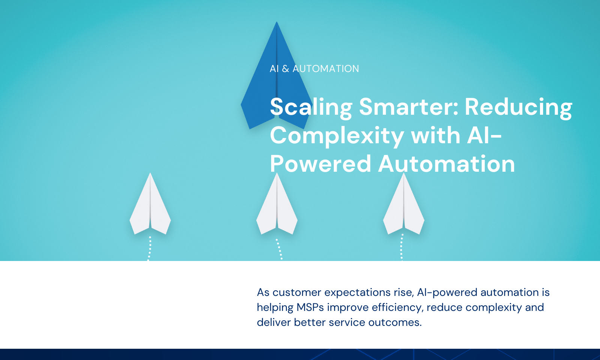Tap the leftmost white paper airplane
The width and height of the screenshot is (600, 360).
(150, 206)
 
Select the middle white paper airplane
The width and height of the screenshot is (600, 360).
(277, 206)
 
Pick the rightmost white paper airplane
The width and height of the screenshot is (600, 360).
(403, 206)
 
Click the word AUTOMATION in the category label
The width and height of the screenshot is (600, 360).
(326, 69)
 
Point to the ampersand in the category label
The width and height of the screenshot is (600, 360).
(285, 69)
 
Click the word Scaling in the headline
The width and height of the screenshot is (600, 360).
(311, 108)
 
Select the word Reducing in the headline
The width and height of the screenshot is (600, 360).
(518, 108)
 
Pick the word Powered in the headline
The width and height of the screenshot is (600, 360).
(321, 163)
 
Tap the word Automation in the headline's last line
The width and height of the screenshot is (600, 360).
(447, 163)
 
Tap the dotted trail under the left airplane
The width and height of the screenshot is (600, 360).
(150, 249)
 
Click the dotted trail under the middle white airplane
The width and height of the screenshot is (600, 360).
(279, 249)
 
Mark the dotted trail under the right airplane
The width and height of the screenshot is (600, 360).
(402, 247)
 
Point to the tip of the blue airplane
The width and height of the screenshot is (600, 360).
(277, 22)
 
